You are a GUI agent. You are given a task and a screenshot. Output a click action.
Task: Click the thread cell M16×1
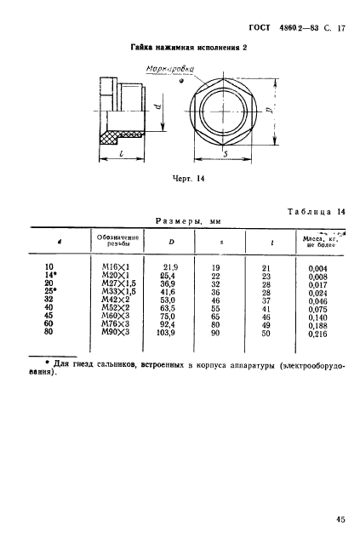112,267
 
